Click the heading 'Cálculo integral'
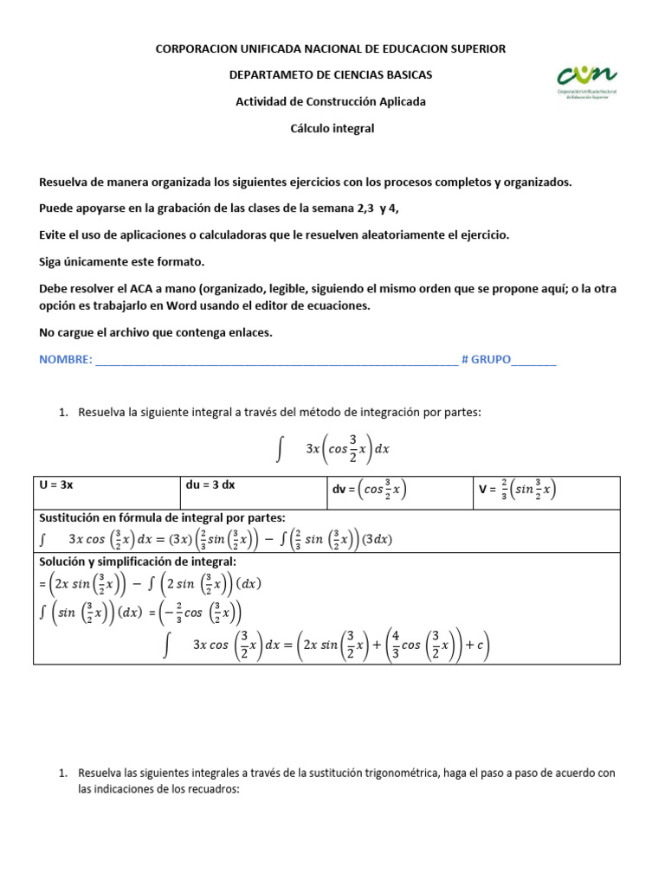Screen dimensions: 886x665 332,128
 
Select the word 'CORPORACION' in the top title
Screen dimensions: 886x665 192,49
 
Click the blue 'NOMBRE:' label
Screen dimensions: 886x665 65,360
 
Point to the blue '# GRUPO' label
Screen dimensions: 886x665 487,360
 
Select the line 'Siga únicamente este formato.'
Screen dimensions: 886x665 122,261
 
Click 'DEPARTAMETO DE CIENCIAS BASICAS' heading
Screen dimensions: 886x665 331,75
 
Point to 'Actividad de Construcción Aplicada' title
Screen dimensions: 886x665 331,101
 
